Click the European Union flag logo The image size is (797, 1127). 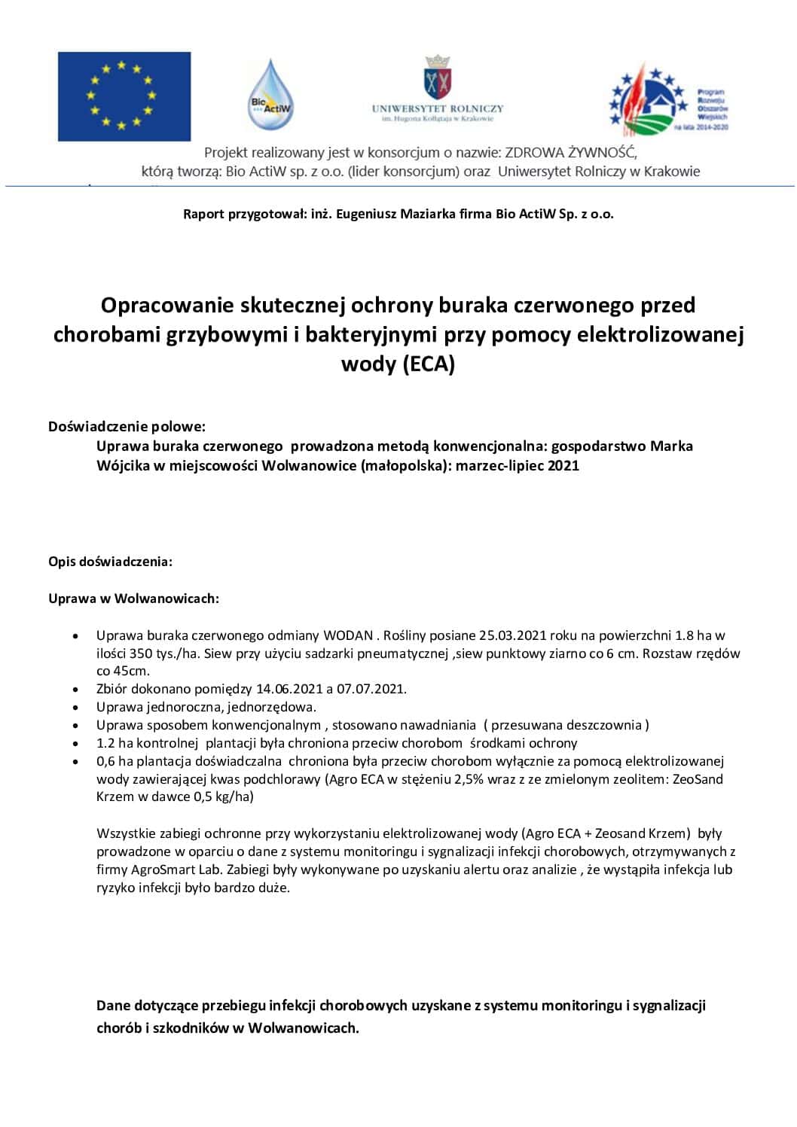124,96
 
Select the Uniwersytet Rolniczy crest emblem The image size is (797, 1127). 437,77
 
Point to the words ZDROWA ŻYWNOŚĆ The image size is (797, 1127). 570,152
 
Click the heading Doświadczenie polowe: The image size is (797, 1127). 127,426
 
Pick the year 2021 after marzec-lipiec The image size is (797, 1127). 563,465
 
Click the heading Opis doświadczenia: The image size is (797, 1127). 110,562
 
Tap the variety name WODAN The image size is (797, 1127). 348,635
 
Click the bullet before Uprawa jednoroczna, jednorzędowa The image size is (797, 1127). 76,708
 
